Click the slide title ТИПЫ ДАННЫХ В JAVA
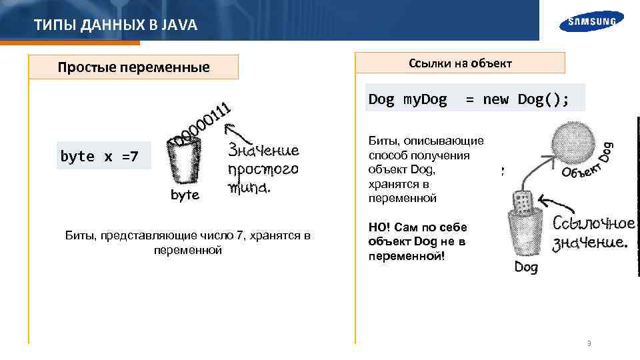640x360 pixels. [115, 26]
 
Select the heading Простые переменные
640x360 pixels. [133, 67]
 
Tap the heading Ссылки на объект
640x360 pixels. [460, 63]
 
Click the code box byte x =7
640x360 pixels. [99, 157]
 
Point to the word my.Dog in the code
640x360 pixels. [425, 99]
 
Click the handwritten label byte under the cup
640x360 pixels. [185, 195]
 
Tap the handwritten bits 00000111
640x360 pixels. [202, 124]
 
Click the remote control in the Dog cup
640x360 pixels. [524, 199]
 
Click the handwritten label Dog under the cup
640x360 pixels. [525, 268]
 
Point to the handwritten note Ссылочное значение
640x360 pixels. [590, 233]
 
